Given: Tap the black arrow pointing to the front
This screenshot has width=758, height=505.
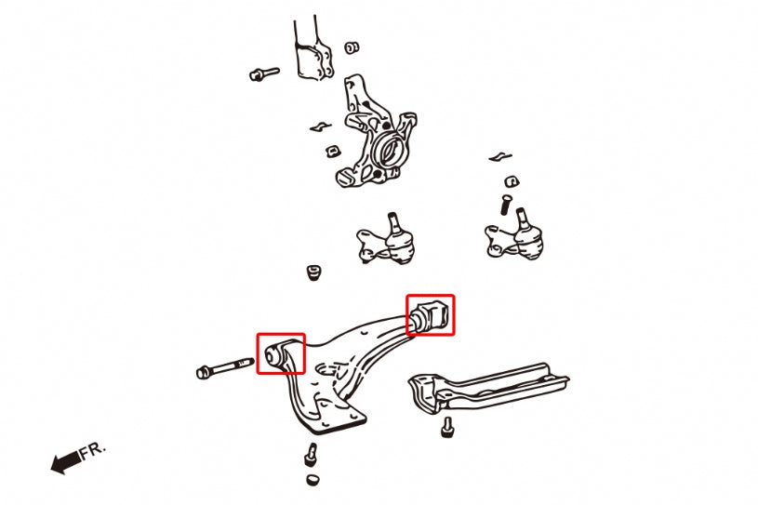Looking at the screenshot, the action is coord(66,462).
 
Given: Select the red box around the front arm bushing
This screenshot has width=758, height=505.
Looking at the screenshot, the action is coord(281,353).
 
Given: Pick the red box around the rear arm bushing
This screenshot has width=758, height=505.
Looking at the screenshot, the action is coord(431,315).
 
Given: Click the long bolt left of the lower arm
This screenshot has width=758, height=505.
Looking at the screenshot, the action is coord(225,367).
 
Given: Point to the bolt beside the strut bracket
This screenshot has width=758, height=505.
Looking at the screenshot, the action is coord(264,74).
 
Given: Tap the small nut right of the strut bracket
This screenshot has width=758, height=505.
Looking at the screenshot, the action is coord(352,47).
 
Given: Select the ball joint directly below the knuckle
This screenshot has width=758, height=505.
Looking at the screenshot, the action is coord(387,239).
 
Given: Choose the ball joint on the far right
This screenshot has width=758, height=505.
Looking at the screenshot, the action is coord(514,235).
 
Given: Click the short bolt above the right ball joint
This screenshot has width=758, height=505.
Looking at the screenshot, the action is coord(505,205).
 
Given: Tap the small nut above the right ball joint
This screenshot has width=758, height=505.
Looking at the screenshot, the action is coord(512,181).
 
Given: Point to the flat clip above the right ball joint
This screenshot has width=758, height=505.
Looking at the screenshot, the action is coord(499,157).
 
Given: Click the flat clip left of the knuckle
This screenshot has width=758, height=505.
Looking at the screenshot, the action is coord(321,126).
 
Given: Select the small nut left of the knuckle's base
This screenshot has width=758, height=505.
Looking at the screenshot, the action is coord(333,151).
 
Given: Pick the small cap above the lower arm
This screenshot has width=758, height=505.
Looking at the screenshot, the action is coord(314,272).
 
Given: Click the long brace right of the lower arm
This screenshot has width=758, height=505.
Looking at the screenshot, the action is coord(488,387).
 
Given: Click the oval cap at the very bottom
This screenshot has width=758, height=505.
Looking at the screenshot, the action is coord(313,480).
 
